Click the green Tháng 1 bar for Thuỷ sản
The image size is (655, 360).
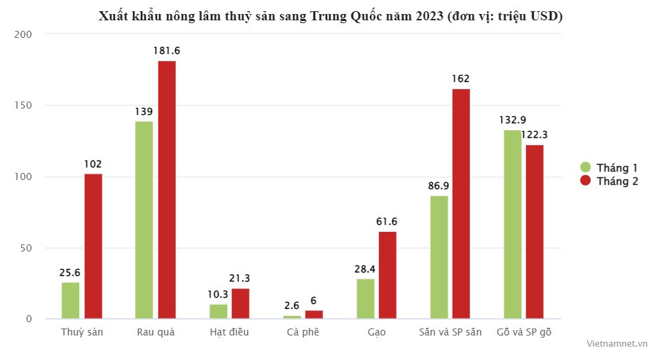coord(70,300)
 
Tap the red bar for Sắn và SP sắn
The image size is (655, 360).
coord(461,204)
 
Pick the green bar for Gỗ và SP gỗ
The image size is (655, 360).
coord(512,224)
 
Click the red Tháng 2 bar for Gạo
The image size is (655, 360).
coord(387,275)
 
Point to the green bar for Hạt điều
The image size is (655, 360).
coord(219,312)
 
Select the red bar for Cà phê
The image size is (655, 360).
coord(314,314)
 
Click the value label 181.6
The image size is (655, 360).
coord(167,50)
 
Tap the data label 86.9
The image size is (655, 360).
coord(439,186)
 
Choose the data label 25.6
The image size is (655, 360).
coord(70,272)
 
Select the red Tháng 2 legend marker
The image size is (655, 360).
coord(586,181)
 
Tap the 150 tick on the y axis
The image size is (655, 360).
coord(25,106)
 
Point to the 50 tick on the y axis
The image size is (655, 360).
coord(27,248)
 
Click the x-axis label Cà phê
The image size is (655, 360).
coord(303,332)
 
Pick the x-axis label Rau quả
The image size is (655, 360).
coord(156,332)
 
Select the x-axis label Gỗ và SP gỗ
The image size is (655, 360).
coord(523,332)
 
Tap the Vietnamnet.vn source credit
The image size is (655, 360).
coord(616,344)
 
